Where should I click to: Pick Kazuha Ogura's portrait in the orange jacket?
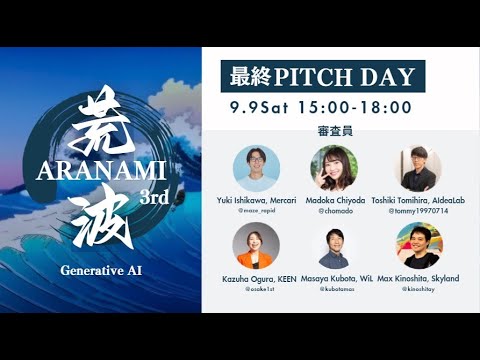click(x=256, y=245)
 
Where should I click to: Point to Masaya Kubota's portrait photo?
click(x=337, y=247)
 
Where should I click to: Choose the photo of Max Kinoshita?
click(x=418, y=245)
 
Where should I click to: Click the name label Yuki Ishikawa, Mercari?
click(x=256, y=200)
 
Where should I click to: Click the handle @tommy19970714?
click(x=418, y=212)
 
